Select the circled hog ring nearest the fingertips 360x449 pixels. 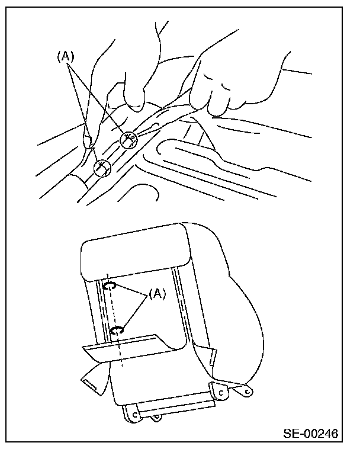pyautogui.click(x=128, y=140)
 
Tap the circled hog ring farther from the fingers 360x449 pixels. pyautogui.click(x=103, y=167)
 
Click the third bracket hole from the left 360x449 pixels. pyautogui.click(x=220, y=391)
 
